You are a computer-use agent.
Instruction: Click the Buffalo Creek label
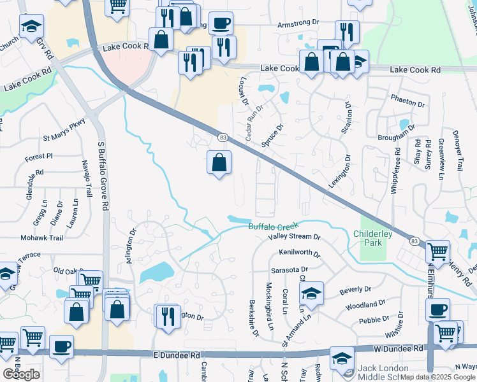[x=273, y=226]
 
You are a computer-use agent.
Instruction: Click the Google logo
[x=21, y=374]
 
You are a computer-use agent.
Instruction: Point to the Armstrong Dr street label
[x=298, y=22]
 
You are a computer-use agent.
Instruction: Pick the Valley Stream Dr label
[x=294, y=236]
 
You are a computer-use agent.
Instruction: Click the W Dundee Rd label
[x=399, y=349]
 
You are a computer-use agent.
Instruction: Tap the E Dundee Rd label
[x=176, y=354]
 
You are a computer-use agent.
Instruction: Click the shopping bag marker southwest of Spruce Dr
[x=219, y=163]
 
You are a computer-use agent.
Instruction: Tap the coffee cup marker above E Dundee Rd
[x=61, y=346]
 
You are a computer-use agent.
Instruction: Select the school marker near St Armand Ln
[x=311, y=294]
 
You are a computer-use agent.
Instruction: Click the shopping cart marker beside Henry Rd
[x=437, y=252]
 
